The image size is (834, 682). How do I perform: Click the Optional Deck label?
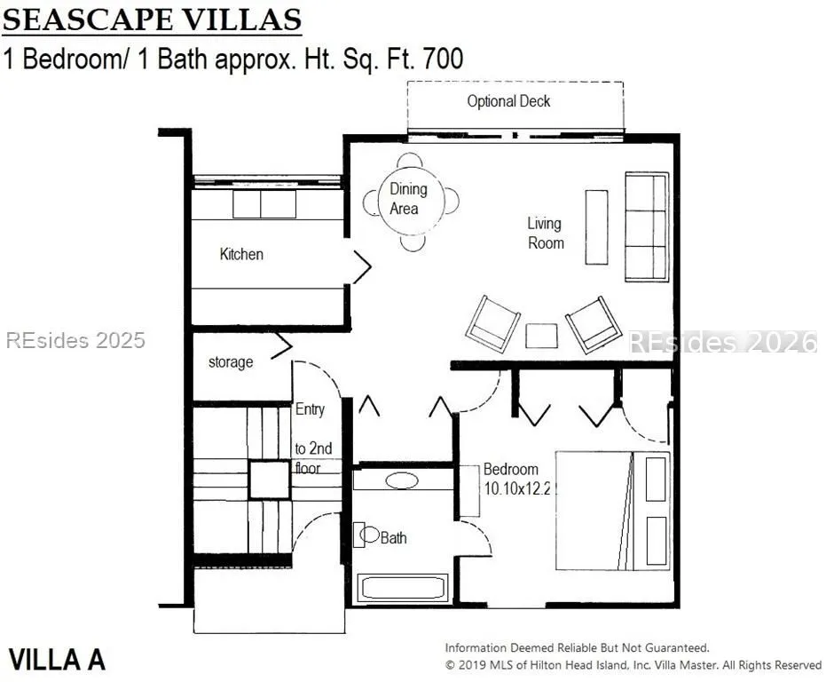click(x=508, y=101)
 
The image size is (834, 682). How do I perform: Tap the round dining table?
click(x=411, y=199)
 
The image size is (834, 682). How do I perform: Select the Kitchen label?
click(x=241, y=254)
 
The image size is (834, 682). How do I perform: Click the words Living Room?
click(x=545, y=234)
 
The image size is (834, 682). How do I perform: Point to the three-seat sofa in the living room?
click(x=647, y=226)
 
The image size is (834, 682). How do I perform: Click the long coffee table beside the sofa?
click(x=596, y=226)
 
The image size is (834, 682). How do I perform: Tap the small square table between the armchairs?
click(x=541, y=336)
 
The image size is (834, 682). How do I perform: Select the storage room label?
click(x=231, y=362)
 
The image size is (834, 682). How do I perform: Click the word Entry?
click(x=311, y=409)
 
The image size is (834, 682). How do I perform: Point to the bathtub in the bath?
click(x=403, y=588)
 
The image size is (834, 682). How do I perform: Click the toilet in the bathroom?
click(x=366, y=535)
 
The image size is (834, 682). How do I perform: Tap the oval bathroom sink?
click(x=402, y=480)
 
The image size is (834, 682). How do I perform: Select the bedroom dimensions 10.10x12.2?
click(x=517, y=488)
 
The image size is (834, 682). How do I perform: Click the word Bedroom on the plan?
click(x=511, y=470)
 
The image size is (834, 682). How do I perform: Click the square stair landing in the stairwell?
click(x=269, y=480)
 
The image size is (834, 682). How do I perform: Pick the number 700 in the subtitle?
click(x=443, y=59)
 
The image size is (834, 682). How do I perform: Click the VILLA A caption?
click(x=57, y=660)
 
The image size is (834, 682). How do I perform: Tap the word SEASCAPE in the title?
click(x=88, y=20)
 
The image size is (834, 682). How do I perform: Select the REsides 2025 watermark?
click(x=75, y=341)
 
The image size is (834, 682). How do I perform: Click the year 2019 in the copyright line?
click(x=472, y=665)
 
